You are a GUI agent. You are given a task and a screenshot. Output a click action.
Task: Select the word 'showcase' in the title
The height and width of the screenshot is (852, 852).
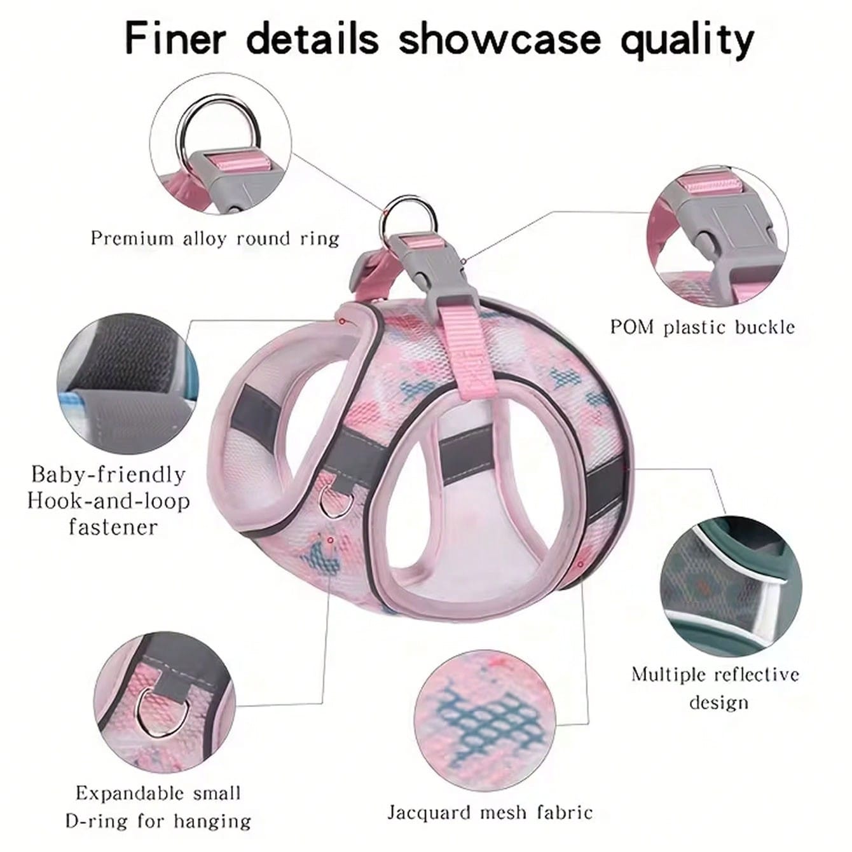click(x=500, y=39)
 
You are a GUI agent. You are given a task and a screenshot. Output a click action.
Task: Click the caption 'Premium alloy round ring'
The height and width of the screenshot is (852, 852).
click(x=215, y=239)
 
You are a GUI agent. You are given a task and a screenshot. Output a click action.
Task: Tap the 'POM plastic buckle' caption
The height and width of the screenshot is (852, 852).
click(x=703, y=327)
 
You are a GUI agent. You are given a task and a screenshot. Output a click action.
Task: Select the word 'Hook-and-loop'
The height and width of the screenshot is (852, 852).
click(x=109, y=501)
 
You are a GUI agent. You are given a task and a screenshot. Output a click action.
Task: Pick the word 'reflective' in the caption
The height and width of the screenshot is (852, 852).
click(x=757, y=675)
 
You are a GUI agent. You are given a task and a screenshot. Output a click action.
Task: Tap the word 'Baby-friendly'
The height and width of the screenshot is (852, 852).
click(x=108, y=476)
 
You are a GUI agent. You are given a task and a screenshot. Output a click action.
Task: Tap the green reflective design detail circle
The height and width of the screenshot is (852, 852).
click(x=731, y=587)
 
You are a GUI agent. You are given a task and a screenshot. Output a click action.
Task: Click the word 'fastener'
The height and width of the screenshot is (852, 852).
click(x=113, y=527)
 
